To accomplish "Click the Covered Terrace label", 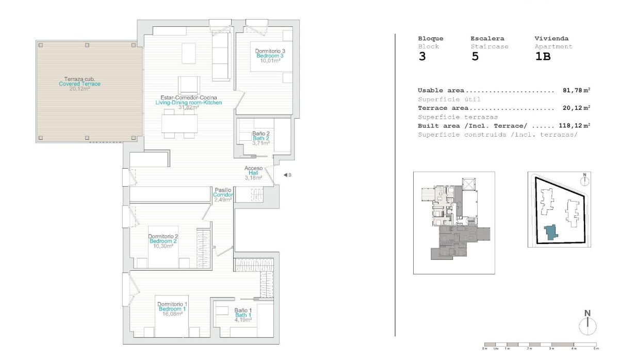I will pos(79,84).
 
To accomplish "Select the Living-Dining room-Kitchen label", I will pos(189,103).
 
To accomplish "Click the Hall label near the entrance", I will pos(253,173).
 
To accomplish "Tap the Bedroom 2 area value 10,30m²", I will pos(163,246).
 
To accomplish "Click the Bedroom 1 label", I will pos(173,309).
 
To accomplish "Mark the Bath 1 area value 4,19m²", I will pos(243,320).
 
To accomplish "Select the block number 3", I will pos(422,57).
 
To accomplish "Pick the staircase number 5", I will pos(475,57).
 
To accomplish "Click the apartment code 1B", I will pos(543,57).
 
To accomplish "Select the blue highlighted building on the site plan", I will pos(551,232).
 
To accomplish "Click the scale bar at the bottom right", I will pos(541,344).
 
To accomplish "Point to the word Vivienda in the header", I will pos(551,39).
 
